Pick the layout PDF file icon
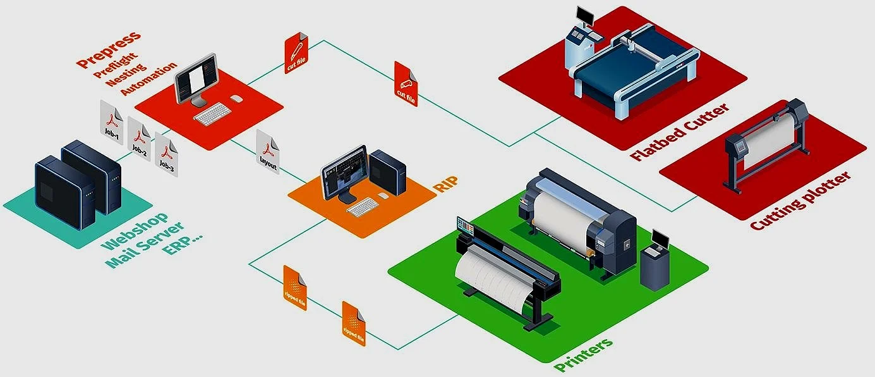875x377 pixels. [x=269, y=152]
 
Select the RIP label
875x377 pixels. [x=446, y=184]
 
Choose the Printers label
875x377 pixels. [x=583, y=355]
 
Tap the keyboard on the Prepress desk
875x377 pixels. [x=212, y=114]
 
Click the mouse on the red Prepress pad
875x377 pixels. [x=236, y=99]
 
